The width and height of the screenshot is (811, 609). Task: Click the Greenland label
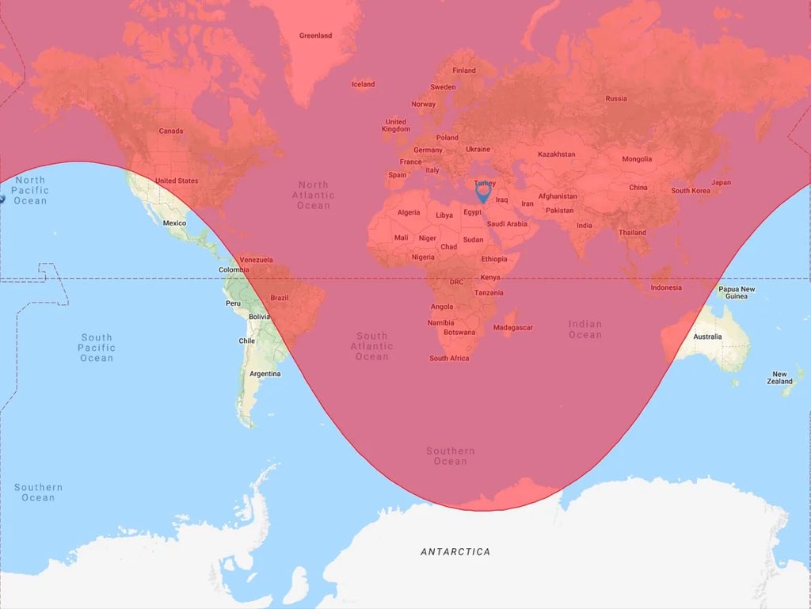[x=315, y=36]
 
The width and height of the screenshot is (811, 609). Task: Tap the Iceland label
[x=363, y=85]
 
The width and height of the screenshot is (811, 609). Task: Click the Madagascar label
[x=513, y=328]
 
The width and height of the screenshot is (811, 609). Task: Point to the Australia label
[x=707, y=337]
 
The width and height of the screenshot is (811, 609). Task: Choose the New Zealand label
[x=780, y=378]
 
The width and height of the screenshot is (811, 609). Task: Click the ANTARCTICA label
[x=455, y=552]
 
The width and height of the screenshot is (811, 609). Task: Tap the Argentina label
[x=264, y=374]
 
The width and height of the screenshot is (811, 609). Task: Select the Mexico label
[x=174, y=223]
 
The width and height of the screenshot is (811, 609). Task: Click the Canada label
[x=170, y=131]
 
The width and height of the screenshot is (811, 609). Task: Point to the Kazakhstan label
[x=556, y=154]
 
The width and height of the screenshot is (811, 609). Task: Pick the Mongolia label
[x=637, y=159]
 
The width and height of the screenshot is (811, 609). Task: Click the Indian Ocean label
[x=584, y=329]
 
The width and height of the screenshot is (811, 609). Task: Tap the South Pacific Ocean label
[x=96, y=348]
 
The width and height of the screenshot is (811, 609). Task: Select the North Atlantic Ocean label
[x=313, y=195]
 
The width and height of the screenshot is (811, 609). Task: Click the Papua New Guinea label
[x=737, y=293]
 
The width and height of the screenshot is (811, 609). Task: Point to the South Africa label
[x=449, y=359]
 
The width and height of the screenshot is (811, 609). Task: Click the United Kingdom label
[x=395, y=126]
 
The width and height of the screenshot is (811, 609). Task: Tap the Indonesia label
[x=666, y=287]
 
